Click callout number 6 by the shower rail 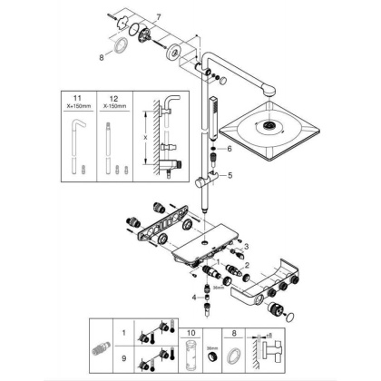pos(230,148)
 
